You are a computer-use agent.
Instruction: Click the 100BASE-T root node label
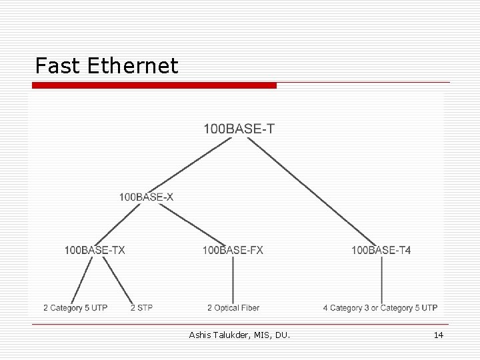coord(238,129)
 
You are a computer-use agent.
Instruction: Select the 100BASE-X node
coord(146,197)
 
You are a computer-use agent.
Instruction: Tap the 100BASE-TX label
coord(95,250)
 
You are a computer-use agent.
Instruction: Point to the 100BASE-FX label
coord(233,250)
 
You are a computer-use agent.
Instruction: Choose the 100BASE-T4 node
coord(381,250)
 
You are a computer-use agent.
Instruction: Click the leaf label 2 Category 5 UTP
coord(75,308)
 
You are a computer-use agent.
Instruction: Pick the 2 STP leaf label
coord(141,308)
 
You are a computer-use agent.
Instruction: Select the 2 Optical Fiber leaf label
coord(233,308)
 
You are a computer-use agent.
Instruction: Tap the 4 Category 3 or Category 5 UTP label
coord(380,308)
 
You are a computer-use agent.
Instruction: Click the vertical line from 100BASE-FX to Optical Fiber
coord(233,280)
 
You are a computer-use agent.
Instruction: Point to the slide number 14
coord(438,335)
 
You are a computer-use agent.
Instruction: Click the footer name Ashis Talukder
coord(217,335)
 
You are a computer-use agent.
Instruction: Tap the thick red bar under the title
coord(153,85)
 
